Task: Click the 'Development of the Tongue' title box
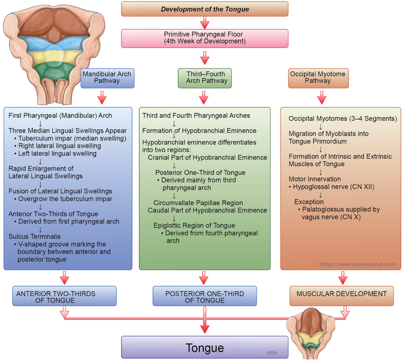(x=205, y=9)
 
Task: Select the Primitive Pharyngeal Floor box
(x=205, y=37)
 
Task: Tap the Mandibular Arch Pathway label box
(x=107, y=77)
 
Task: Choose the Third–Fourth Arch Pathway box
(x=205, y=77)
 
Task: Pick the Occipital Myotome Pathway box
(x=318, y=77)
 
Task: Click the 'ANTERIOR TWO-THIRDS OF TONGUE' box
(x=64, y=297)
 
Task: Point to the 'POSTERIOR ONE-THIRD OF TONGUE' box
(x=205, y=297)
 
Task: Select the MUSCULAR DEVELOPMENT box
(x=341, y=294)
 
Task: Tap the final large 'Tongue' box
(x=204, y=347)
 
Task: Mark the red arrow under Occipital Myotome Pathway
(x=322, y=98)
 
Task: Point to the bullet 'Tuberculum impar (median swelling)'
(x=72, y=138)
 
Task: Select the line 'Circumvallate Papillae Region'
(x=198, y=203)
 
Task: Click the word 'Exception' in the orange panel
(x=309, y=202)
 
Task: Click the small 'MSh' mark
(x=272, y=352)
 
